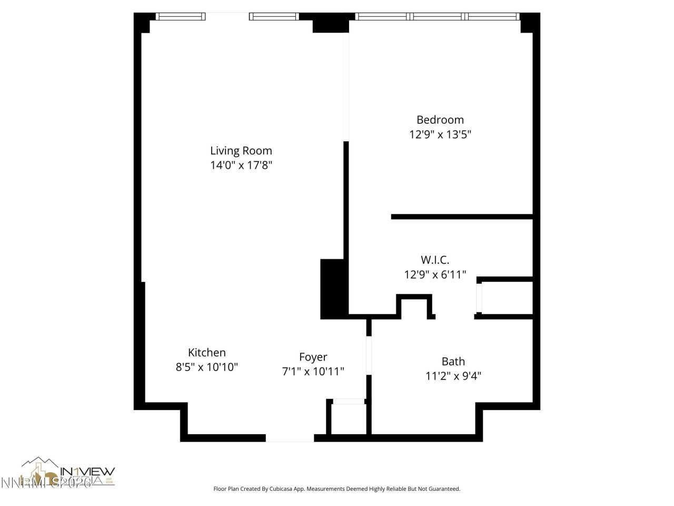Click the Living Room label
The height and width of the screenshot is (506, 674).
click(241, 151)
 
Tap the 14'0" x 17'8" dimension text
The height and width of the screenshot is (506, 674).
click(241, 166)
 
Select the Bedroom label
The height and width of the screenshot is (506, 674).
click(440, 120)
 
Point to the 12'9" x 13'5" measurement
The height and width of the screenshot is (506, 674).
click(440, 134)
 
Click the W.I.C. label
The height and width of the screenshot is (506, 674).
click(435, 260)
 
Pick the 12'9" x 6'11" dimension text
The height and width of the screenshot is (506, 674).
click(435, 275)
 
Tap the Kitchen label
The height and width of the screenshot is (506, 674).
click(207, 353)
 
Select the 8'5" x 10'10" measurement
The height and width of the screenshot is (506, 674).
click(207, 367)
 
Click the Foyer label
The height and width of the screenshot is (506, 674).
click(313, 357)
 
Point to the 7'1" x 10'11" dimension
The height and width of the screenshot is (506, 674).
click(313, 372)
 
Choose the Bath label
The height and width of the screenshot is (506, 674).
click(453, 361)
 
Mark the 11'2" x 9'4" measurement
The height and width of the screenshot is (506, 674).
click(453, 376)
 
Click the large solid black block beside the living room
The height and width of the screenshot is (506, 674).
click(333, 289)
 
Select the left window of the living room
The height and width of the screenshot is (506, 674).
click(181, 16)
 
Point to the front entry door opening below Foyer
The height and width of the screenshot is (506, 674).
click(290, 438)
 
